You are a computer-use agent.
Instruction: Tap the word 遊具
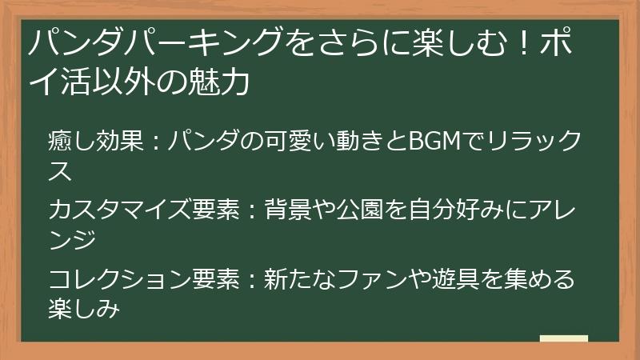point(458,281)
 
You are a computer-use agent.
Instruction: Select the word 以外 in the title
point(140,82)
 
